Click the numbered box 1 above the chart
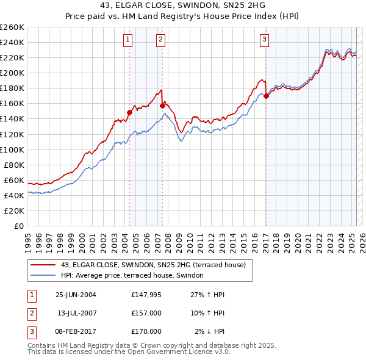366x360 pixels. (128, 40)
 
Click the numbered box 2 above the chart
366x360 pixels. (160, 40)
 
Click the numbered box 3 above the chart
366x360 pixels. (265, 40)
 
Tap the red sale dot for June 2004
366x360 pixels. (129, 112)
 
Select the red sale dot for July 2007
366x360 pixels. (162, 106)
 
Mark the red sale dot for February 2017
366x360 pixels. (267, 96)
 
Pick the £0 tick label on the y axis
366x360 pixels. (18, 226)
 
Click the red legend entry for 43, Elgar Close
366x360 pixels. (152, 265)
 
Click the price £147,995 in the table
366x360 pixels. (146, 295)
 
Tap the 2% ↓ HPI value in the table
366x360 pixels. (210, 331)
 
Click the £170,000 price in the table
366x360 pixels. (146, 331)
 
